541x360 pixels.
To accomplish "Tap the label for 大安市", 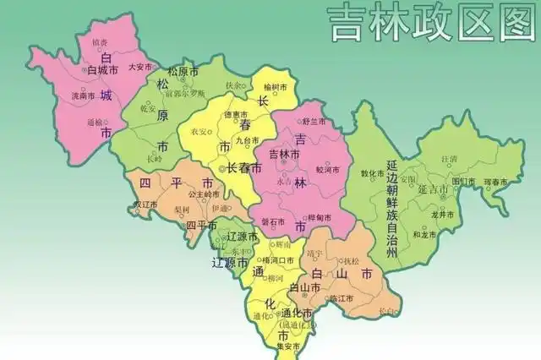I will click(x=139, y=67).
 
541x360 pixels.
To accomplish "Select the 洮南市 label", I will click(x=83, y=96).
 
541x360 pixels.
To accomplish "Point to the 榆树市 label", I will click(x=276, y=87).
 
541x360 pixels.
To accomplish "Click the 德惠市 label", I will click(x=235, y=115).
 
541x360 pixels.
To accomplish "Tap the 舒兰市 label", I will click(x=314, y=122).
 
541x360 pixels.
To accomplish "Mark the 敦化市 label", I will click(x=373, y=173).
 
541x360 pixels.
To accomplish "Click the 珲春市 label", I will click(x=496, y=182).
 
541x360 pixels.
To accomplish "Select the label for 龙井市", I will click(x=444, y=215).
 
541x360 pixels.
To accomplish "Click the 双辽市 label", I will click(x=146, y=205).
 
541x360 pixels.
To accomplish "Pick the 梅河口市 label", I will click(x=278, y=260).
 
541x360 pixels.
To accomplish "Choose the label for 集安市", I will click(x=287, y=346).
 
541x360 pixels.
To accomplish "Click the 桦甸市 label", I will click(x=318, y=217).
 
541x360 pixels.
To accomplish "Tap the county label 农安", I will click(x=199, y=132).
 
